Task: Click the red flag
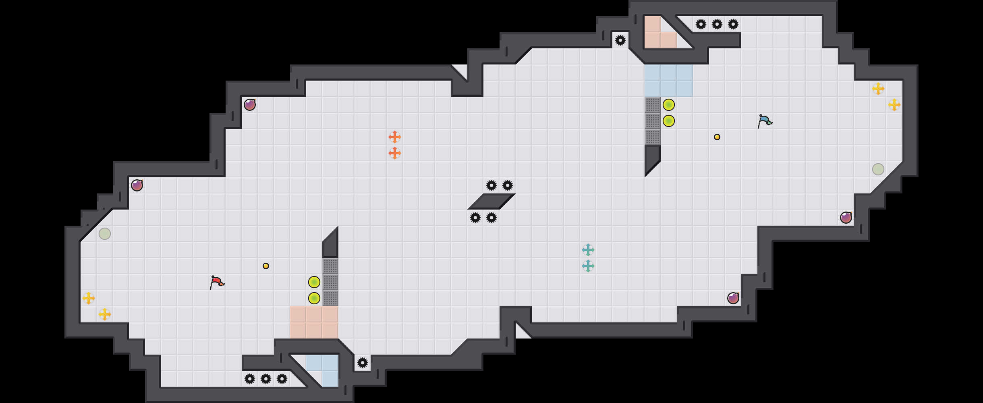coord(217,282)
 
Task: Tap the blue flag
coord(764,120)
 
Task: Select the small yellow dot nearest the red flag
coord(266,266)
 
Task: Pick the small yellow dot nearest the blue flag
coord(717,137)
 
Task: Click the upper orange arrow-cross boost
coord(395,137)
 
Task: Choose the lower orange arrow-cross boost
coord(395,153)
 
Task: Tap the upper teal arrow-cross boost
coord(588,250)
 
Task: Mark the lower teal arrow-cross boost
coord(588,266)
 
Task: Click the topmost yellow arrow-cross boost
coord(878,89)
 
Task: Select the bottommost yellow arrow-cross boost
coord(105,314)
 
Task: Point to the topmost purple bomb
coord(250,105)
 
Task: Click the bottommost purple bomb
coord(733,298)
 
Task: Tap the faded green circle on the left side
coord(105,234)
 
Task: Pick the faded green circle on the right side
coord(878,169)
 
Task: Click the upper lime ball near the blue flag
coord(669,105)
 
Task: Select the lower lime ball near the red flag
coord(314,298)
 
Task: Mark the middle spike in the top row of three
coord(717,24)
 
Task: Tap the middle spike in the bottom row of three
coord(266,379)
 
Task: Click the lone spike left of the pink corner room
coord(620,40)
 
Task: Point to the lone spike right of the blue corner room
coord(363,363)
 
